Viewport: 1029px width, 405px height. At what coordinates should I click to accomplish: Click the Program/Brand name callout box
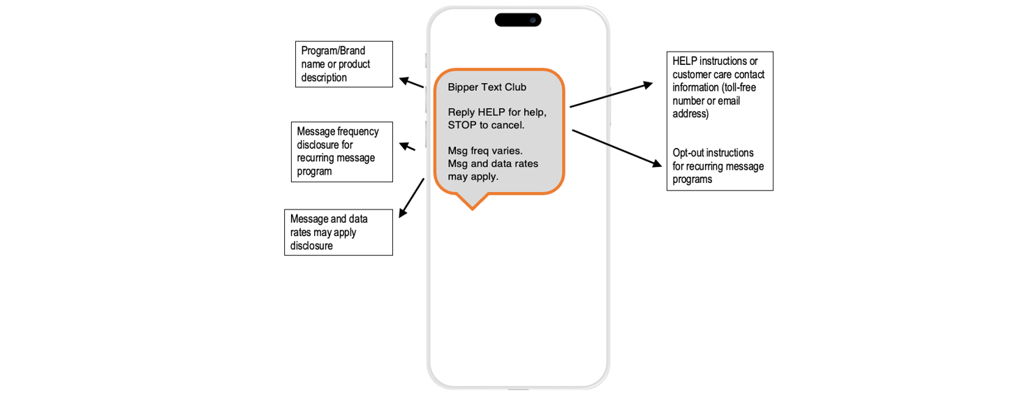(343, 64)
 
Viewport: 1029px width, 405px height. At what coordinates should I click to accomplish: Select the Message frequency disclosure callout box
(341, 152)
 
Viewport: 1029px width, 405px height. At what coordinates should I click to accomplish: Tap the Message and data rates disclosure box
(338, 232)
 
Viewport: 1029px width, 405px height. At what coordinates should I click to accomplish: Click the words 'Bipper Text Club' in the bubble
(487, 87)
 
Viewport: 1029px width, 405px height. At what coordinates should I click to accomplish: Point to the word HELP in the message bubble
(492, 112)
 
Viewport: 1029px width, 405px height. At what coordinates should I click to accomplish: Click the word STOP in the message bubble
(463, 125)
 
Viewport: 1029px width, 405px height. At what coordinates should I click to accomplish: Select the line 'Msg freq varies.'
(484, 150)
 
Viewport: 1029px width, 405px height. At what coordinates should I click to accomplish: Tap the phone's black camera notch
(517, 20)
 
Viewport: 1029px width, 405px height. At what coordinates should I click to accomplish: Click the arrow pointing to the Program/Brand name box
(411, 82)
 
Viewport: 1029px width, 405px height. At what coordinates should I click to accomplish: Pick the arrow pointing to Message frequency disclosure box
(407, 147)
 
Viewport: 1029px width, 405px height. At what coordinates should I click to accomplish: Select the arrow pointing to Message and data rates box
(411, 198)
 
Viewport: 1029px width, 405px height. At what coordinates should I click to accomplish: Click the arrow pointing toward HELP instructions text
(611, 96)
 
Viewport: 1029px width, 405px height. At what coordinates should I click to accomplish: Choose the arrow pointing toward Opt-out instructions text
(616, 147)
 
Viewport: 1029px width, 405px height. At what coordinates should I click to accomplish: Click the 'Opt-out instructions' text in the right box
(713, 153)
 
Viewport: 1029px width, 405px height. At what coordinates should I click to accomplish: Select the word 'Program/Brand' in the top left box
(333, 51)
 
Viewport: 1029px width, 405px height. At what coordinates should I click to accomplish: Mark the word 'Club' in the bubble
(514, 87)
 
